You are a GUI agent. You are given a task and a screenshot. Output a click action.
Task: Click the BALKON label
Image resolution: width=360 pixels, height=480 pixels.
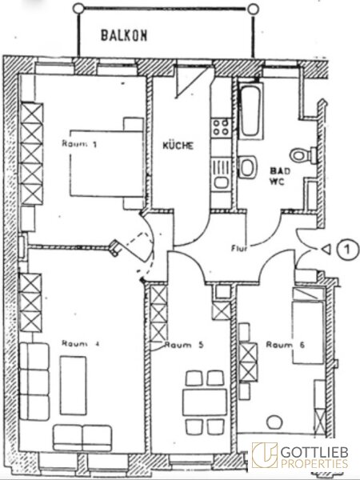pyautogui.click(x=124, y=35)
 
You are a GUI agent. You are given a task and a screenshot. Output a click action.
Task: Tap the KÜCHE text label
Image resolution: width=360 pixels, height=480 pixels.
pyautogui.click(x=178, y=145)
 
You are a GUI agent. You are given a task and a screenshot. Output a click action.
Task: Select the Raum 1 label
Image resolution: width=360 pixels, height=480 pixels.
pyautogui.click(x=79, y=143)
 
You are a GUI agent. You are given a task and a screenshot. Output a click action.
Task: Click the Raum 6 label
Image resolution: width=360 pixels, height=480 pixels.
pyautogui.click(x=286, y=345)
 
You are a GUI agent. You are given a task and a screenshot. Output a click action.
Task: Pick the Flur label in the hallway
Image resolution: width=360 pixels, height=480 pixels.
pyautogui.click(x=239, y=248)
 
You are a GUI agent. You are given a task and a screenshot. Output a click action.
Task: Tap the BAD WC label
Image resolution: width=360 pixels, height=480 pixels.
pyautogui.click(x=278, y=176)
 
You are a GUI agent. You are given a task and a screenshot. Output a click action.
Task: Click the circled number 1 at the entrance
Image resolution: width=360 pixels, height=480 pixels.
pyautogui.click(x=348, y=250)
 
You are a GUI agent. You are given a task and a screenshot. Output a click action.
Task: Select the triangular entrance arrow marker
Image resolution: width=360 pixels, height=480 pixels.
pyautogui.click(x=327, y=250)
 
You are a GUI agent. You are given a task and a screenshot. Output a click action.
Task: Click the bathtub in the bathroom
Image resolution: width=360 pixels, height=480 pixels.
pyautogui.click(x=250, y=111)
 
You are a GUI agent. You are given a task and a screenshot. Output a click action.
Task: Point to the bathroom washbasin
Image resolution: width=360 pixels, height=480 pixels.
pyautogui.click(x=247, y=167)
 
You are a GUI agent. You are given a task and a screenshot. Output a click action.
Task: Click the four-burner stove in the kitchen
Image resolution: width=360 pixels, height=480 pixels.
pyautogui.click(x=221, y=127)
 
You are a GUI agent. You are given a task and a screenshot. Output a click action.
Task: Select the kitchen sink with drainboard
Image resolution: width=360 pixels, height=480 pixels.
pyautogui.click(x=221, y=174)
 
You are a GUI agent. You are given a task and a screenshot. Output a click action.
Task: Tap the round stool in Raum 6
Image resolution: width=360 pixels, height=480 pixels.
pyautogui.click(x=274, y=422)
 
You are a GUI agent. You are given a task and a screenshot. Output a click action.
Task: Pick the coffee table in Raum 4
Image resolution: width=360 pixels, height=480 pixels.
pyautogui.click(x=73, y=385)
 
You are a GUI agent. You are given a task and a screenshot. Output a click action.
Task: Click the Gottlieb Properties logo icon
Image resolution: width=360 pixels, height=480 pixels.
pyautogui.click(x=265, y=455)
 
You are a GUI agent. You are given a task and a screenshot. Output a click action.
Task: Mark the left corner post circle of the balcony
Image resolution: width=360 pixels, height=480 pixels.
pyautogui.click(x=78, y=8)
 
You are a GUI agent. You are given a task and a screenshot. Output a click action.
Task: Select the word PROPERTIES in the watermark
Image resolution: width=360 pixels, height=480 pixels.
pyautogui.click(x=314, y=463)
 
